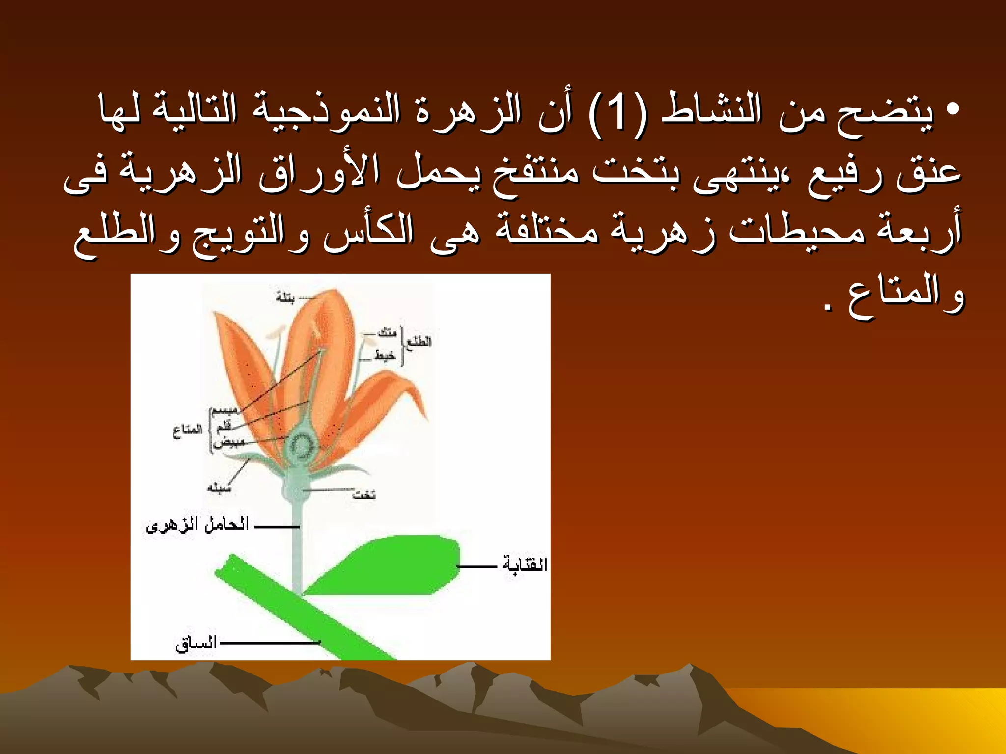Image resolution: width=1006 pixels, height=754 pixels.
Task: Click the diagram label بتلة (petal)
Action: click(285, 297)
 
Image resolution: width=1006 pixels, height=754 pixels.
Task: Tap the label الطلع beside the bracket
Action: click(419, 341)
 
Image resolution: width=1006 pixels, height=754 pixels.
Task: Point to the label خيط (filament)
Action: click(385, 355)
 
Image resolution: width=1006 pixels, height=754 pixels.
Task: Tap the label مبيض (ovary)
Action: click(229, 442)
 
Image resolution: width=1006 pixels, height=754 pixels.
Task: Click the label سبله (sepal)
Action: click(219, 488)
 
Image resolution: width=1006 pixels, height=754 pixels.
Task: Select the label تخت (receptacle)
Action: click(364, 495)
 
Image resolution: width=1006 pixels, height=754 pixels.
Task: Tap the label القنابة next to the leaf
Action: click(524, 565)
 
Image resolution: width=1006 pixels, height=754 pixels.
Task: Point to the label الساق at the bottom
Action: click(196, 643)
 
